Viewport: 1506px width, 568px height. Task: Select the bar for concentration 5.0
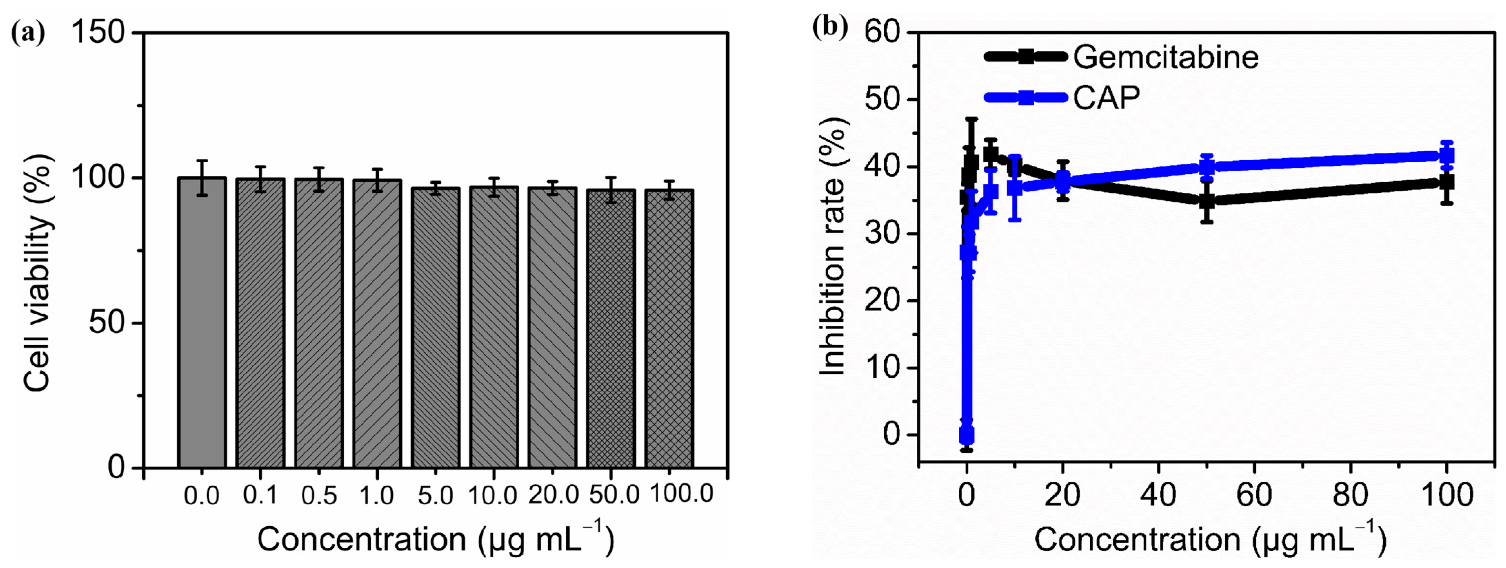[436, 327]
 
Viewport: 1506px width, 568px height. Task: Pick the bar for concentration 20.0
[552, 327]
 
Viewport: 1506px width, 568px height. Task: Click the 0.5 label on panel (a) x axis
[319, 496]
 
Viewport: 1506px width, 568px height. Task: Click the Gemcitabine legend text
[1166, 57]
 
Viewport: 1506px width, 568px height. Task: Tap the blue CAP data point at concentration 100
[1446, 155]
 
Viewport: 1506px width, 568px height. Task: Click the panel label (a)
[28, 34]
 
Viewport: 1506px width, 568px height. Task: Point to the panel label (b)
[830, 28]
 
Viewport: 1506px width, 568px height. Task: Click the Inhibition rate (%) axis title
[833, 245]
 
